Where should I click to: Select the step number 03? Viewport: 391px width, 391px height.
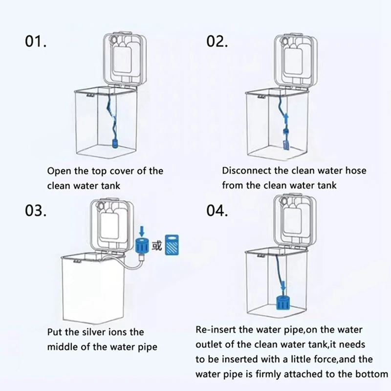[x=36, y=211]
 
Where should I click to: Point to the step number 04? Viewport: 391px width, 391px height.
[x=217, y=211]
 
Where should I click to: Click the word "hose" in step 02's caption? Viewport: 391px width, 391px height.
[x=356, y=171]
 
